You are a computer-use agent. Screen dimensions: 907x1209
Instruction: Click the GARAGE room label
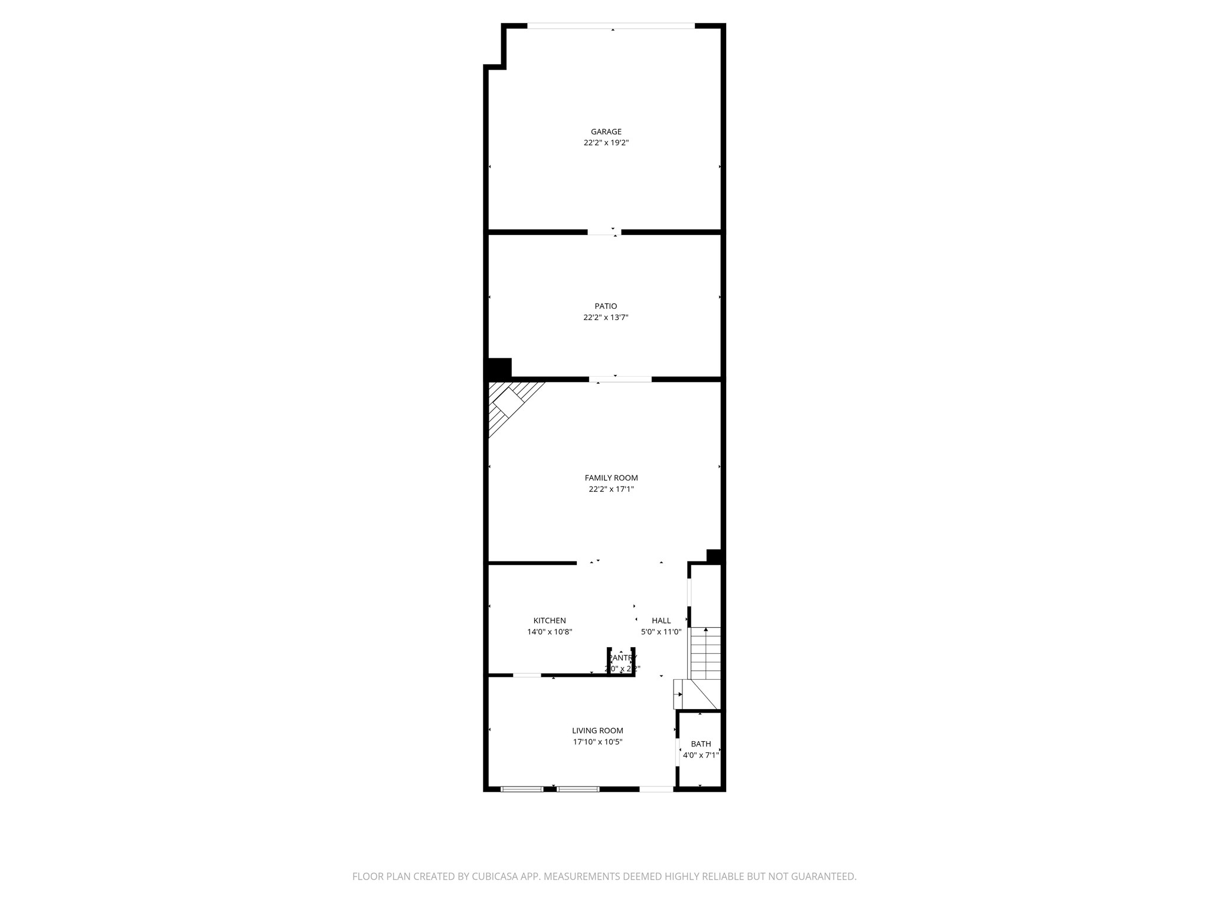[x=606, y=132]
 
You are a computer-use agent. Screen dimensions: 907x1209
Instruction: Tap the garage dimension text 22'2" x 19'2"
[x=606, y=143]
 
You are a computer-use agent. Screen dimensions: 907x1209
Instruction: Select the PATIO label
[x=606, y=306]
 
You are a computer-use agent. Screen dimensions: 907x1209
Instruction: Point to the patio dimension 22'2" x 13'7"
[x=606, y=317]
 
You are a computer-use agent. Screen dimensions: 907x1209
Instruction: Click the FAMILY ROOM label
[x=611, y=478]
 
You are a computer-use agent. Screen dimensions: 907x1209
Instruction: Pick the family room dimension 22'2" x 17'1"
[x=611, y=489]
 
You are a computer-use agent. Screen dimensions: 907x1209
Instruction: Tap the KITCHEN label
[x=550, y=621]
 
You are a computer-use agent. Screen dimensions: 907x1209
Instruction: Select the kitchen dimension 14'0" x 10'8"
[x=550, y=632]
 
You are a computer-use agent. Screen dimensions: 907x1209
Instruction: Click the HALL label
[x=661, y=621]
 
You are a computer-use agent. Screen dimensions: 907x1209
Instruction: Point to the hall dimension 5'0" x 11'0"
[x=661, y=632]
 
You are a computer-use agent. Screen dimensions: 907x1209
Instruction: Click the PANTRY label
[x=623, y=658]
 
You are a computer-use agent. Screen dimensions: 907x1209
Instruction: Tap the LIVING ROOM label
[x=597, y=730]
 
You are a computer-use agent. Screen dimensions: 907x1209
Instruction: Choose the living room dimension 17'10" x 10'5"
[x=597, y=742]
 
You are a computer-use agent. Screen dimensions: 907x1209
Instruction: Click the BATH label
[x=701, y=744]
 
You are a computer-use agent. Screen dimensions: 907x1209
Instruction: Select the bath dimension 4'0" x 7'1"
[x=701, y=755]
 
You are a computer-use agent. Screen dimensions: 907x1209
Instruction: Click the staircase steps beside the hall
[x=706, y=653]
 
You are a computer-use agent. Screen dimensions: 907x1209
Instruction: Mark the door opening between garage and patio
[x=604, y=232]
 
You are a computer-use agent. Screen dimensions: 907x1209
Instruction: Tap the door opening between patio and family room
[x=620, y=379]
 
